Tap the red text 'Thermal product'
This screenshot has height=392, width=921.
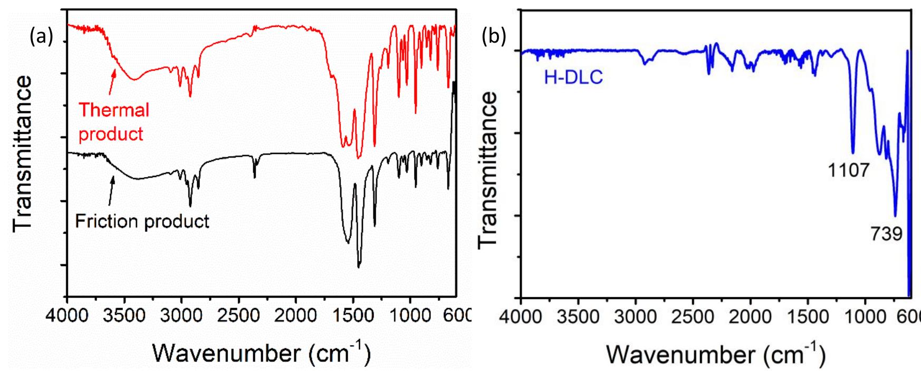pyautogui.click(x=113, y=122)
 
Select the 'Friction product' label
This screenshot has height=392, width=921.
pyautogui.click(x=142, y=221)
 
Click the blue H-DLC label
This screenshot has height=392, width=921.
pyautogui.click(x=573, y=78)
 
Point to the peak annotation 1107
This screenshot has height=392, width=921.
pyautogui.click(x=848, y=170)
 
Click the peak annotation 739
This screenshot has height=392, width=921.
pyautogui.click(x=886, y=233)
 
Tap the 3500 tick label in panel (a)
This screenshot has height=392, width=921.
pyautogui.click(x=124, y=316)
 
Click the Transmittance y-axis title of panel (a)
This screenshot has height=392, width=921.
pyautogui.click(x=23, y=153)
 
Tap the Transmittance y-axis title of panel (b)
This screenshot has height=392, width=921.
pyautogui.click(x=487, y=169)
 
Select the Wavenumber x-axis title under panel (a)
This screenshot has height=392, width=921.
pyautogui.click(x=261, y=352)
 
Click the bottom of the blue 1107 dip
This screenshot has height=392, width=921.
pyautogui.click(x=853, y=152)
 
